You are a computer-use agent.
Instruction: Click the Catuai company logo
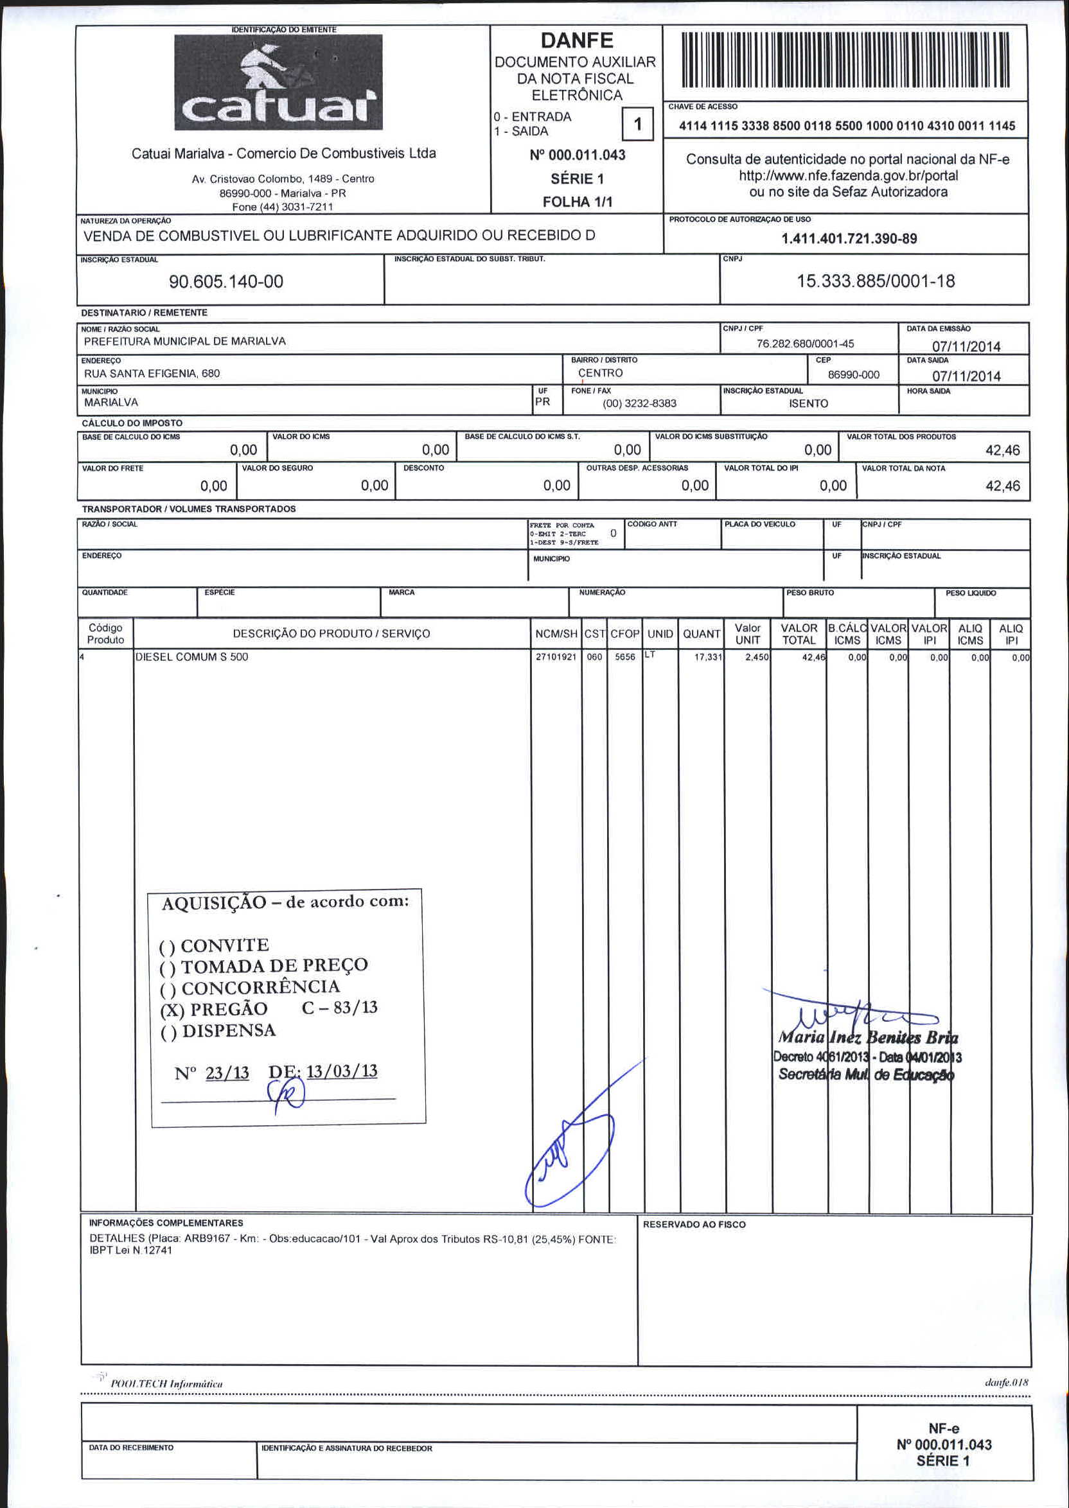tap(278, 82)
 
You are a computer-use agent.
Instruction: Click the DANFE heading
tap(577, 41)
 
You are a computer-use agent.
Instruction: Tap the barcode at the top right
tap(845, 60)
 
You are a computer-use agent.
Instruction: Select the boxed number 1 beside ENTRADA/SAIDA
tap(637, 124)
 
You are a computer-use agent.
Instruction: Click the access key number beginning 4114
tap(847, 126)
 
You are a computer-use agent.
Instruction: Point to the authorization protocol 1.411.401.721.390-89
tap(849, 239)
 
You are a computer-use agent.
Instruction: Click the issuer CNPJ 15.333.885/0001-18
tap(876, 281)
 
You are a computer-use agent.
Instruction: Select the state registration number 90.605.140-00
tap(225, 282)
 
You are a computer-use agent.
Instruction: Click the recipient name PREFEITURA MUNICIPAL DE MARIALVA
tap(184, 342)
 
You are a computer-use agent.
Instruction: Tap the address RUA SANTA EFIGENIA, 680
tap(152, 374)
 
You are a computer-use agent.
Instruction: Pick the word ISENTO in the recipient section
tap(808, 403)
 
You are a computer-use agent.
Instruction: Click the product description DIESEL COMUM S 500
tap(191, 656)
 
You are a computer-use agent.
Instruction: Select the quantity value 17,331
tap(709, 657)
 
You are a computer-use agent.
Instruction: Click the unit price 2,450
tap(757, 657)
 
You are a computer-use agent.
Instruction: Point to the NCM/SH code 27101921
tap(556, 657)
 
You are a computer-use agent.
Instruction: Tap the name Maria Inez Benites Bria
tap(867, 1038)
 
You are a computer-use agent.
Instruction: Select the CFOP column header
tap(624, 634)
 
